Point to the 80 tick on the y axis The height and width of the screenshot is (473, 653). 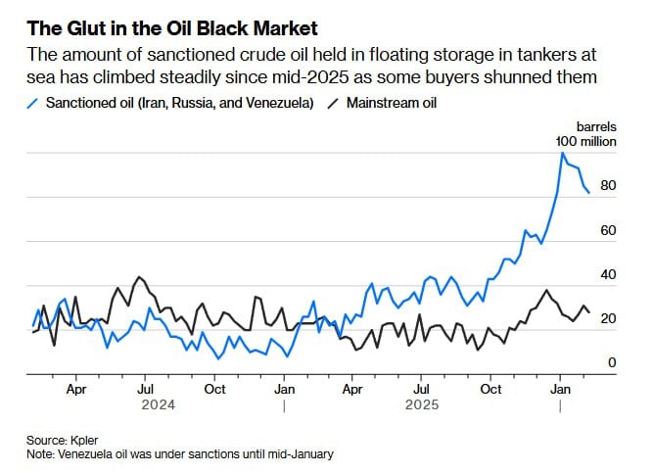tap(607, 185)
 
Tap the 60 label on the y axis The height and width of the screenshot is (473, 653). tap(607, 230)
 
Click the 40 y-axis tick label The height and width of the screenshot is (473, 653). tap(607, 274)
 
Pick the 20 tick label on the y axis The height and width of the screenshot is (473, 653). tap(607, 319)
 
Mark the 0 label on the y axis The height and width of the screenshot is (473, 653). tap(612, 363)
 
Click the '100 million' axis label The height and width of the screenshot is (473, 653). tap(586, 141)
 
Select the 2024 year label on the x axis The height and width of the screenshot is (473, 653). tap(158, 403)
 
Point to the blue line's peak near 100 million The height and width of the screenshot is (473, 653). tap(562, 153)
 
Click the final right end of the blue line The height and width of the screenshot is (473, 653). tap(588, 193)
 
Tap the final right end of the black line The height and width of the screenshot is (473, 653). tap(588, 311)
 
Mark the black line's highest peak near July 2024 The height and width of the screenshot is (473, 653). tap(140, 277)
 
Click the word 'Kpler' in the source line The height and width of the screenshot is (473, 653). tap(84, 441)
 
